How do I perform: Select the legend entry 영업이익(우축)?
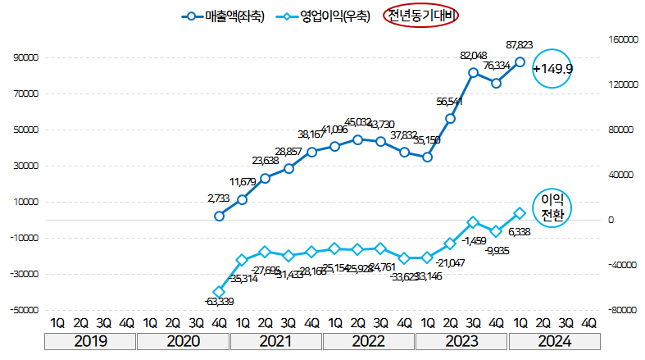click(323, 16)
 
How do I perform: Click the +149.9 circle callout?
click(552, 69)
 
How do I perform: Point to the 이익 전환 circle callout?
click(552, 207)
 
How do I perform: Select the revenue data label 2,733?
click(219, 198)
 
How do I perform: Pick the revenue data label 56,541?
click(450, 102)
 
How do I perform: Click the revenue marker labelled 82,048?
click(473, 73)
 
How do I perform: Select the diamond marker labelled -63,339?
click(219, 291)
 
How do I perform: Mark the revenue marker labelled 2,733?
click(219, 216)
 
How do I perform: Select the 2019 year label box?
click(90, 343)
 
